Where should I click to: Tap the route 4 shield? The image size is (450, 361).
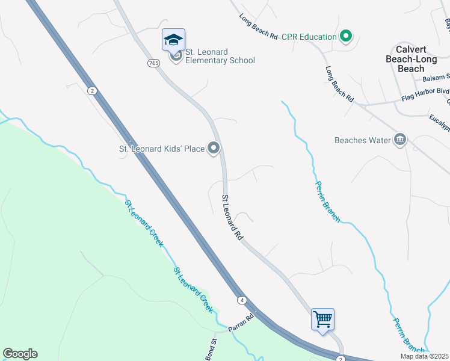tap(241, 300)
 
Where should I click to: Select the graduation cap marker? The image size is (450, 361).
tap(173, 40)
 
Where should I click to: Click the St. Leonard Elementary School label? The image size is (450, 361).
tap(220, 56)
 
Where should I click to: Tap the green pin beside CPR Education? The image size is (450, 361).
tap(345, 37)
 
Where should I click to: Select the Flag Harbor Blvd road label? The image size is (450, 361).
tap(425, 93)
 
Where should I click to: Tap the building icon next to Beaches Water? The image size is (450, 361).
tap(400, 140)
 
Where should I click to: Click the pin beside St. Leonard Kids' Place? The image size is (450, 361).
tap(214, 148)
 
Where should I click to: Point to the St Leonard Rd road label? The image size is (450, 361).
tap(232, 218)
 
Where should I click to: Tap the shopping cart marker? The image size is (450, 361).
tap(322, 318)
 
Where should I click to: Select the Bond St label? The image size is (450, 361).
tap(212, 350)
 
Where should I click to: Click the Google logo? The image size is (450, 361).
tap(20, 354)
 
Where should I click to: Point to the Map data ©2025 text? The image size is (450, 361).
tap(425, 356)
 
